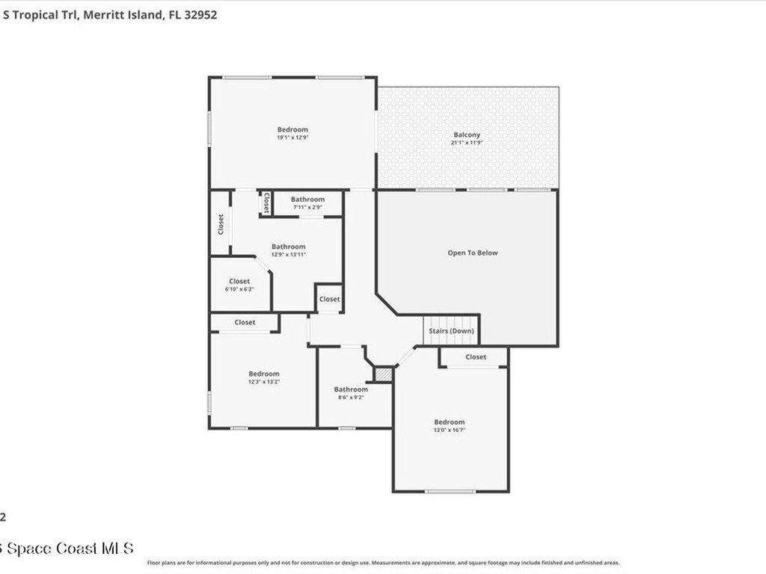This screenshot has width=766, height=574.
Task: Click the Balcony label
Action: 467,135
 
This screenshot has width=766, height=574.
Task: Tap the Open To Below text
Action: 472,253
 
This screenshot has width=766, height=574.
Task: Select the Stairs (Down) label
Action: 450,330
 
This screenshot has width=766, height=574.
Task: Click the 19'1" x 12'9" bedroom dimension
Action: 292,138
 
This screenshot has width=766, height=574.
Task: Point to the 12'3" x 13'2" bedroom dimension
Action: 264,382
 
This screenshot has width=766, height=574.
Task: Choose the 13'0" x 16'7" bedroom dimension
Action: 450,430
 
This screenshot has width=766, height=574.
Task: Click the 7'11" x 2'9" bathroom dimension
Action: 307,207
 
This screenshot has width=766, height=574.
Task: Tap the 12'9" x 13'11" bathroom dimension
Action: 288,255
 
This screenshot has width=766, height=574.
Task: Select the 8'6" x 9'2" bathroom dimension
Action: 351,397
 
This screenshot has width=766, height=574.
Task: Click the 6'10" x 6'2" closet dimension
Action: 239,289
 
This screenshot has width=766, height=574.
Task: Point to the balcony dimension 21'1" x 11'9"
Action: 467,143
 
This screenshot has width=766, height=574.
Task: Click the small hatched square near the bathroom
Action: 383,374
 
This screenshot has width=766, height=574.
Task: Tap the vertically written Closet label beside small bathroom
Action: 266,203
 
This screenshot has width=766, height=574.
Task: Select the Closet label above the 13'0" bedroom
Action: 476,357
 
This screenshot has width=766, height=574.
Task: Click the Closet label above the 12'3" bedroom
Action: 245,322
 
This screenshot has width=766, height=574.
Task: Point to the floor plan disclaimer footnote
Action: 383,563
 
